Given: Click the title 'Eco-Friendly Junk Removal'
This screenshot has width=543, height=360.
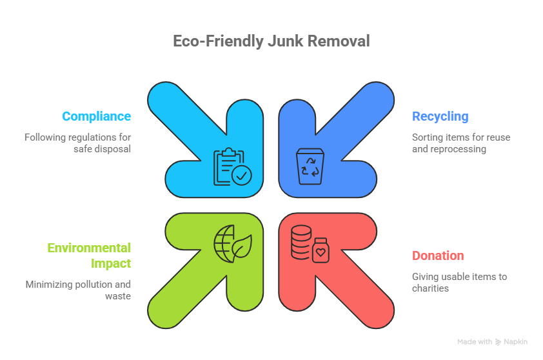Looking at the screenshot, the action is click(271, 41).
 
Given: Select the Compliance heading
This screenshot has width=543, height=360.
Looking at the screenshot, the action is click(96, 116).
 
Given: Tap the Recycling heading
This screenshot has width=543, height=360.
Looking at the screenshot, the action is click(440, 116).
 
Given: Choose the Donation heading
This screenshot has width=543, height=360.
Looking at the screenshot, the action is click(438, 255).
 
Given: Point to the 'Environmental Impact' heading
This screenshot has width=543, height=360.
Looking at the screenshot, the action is click(89, 255).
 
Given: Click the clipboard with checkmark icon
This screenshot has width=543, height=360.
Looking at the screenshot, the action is click(232, 166).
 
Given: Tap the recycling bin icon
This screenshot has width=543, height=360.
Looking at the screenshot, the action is click(310, 166).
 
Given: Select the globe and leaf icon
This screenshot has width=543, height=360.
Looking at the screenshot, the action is click(233, 244).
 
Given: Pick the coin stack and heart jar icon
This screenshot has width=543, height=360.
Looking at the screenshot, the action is click(310, 244).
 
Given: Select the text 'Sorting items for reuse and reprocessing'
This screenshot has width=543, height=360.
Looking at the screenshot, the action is click(461, 143).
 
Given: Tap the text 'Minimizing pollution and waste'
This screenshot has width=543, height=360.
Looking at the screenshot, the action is click(78, 290).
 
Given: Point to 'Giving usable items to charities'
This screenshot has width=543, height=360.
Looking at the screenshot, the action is click(459, 283).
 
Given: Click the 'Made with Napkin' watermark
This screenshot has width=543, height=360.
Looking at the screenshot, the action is click(492, 342).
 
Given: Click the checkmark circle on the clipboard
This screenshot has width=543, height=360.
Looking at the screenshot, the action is click(242, 175).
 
